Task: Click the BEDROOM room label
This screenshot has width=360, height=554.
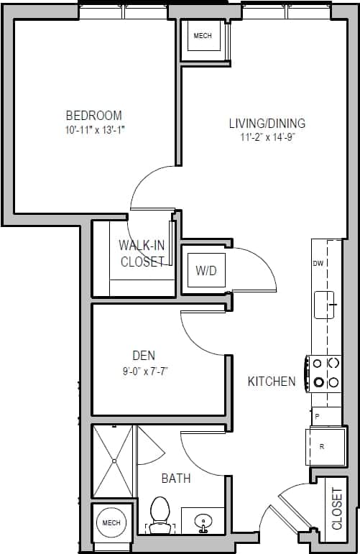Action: point(93,115)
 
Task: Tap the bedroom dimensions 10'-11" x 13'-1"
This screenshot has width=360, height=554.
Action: point(93,130)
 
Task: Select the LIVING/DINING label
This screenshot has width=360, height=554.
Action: point(267,123)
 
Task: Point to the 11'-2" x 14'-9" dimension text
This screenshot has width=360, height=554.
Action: point(267,137)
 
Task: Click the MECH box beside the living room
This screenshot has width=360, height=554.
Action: point(202,37)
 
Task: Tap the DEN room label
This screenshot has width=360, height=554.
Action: point(144,355)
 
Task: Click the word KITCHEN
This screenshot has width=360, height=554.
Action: point(272,381)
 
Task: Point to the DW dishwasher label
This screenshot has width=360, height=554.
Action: point(318,264)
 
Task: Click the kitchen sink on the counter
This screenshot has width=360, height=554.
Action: point(326,305)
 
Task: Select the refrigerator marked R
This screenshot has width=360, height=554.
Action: point(323,446)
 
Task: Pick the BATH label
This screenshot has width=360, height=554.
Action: point(175,478)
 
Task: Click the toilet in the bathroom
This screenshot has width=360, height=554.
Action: point(160,516)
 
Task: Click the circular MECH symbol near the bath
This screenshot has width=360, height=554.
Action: point(111,522)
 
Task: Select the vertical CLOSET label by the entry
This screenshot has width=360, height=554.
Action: point(337,508)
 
